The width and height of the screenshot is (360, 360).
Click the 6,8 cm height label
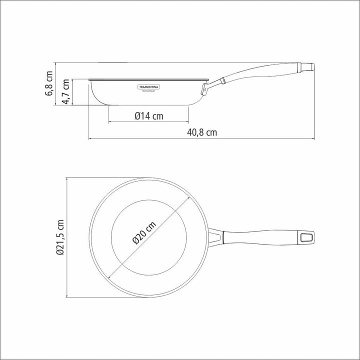pos(48,85)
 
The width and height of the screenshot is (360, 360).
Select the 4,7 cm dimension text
pos(64,92)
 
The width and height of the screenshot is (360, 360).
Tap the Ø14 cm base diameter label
pos(148,116)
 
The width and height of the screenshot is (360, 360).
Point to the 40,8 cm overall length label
pos(202,132)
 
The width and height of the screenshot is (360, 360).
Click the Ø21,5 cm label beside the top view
pos(60,237)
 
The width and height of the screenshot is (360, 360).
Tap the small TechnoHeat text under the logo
pos(148,90)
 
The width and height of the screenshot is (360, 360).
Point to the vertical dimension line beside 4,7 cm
pos(72,92)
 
